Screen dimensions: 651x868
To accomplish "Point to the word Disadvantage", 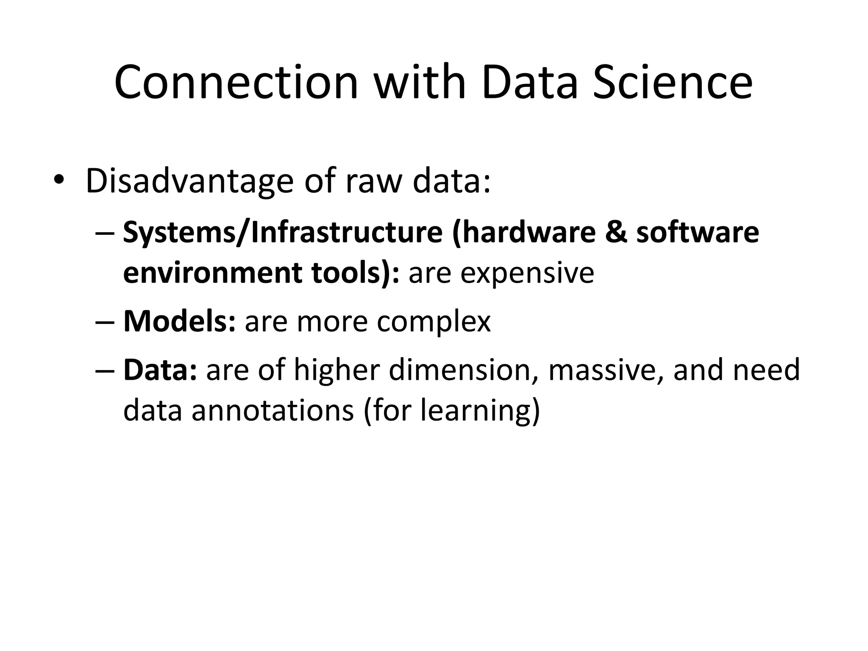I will coord(189,181).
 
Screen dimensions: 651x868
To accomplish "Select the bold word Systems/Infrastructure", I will coord(283,233).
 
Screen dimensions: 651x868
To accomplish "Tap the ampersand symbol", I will coord(615,233).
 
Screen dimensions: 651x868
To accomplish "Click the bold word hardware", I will coord(526,233).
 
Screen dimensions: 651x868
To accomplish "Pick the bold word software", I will coord(697,233).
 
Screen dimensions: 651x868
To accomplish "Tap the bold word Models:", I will coord(179,321).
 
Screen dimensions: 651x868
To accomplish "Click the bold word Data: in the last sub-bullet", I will coord(160,370).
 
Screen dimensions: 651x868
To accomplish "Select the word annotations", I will coord(273,410).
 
